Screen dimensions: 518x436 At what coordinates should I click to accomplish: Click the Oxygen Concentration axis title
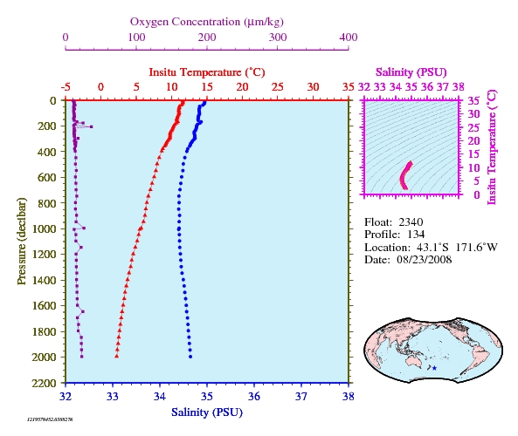(207, 22)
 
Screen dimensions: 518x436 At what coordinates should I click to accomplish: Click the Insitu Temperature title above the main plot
(207, 72)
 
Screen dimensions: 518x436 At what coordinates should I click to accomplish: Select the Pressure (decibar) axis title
(22, 241)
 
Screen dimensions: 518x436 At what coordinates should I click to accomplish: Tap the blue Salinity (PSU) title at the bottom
(207, 412)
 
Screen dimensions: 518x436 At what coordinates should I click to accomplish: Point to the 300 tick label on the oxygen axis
(278, 37)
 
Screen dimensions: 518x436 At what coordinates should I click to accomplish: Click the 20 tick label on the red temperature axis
(242, 87)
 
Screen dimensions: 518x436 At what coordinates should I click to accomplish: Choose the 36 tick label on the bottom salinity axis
(254, 396)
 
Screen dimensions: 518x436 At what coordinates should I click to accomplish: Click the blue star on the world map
(434, 368)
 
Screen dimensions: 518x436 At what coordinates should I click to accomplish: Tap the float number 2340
(411, 222)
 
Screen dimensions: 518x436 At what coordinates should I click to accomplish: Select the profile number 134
(416, 235)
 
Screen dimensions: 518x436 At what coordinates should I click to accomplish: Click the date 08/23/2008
(425, 260)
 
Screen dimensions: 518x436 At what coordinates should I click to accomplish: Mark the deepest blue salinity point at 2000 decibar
(190, 357)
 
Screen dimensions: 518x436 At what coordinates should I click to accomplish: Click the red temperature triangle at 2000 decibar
(117, 356)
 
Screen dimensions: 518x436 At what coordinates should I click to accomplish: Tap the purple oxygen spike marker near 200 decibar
(92, 126)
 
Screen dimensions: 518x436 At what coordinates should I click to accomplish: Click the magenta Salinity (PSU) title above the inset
(411, 72)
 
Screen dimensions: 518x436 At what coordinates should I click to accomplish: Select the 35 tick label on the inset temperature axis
(474, 100)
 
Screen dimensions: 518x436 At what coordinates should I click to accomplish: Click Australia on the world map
(412, 358)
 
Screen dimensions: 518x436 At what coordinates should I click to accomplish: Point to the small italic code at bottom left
(50, 419)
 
